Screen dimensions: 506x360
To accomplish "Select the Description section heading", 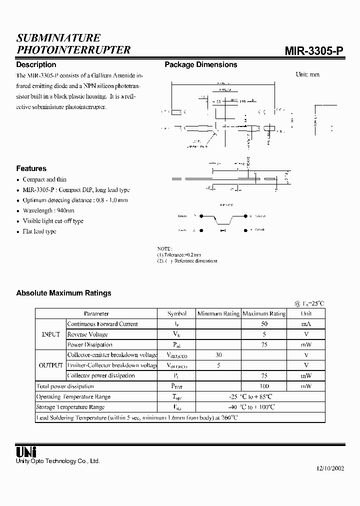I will pyautogui.click(x=36, y=64).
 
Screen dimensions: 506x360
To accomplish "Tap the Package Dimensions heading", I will pyautogui.click(x=201, y=64).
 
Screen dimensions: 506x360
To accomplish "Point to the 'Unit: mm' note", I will pyautogui.click(x=307, y=74).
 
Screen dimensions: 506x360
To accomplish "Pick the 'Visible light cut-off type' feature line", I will pyautogui.click(x=53, y=221).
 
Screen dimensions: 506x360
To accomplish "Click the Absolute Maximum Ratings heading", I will pyautogui.click(x=63, y=293).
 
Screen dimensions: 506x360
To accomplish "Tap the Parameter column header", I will pyautogui.click(x=96, y=313).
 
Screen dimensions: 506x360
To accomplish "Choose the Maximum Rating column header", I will pyautogui.click(x=264, y=313).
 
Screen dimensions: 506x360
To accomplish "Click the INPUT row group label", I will pyautogui.click(x=50, y=334).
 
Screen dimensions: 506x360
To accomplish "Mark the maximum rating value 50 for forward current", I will pyautogui.click(x=264, y=324).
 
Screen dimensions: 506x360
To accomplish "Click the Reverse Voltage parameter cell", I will pyautogui.click(x=87, y=334).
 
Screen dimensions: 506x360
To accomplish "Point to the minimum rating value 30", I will pyautogui.click(x=218, y=354).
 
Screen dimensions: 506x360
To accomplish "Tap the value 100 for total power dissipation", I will pyautogui.click(x=264, y=386).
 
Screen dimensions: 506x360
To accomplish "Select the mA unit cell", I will pyautogui.click(x=306, y=324).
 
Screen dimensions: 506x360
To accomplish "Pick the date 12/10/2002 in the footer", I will pyautogui.click(x=330, y=469).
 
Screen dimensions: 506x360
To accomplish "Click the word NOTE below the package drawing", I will pyautogui.click(x=164, y=248).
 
